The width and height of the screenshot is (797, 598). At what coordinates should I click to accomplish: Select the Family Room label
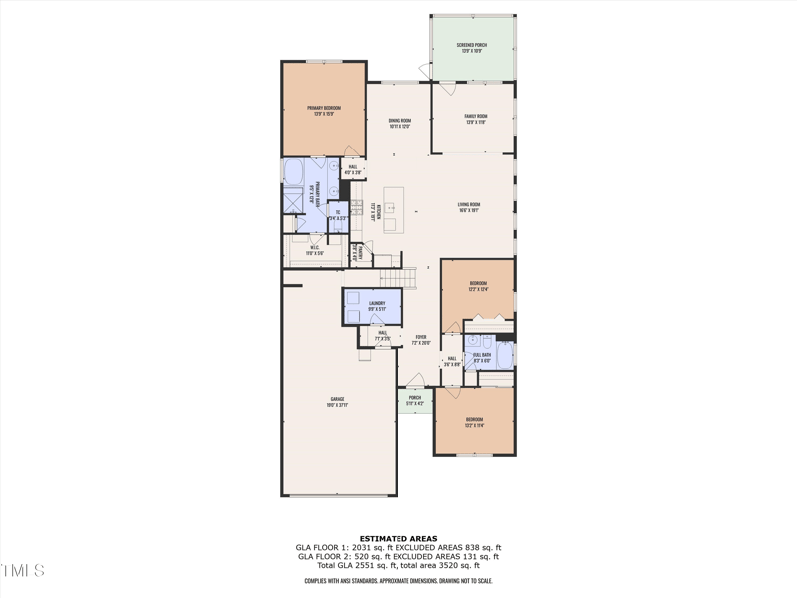475,118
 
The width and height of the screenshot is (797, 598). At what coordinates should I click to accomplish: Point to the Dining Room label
399,123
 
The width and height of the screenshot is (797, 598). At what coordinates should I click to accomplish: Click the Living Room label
469,207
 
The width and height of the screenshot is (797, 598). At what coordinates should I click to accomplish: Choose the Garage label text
338,401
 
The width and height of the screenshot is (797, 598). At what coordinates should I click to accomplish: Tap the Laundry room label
376,305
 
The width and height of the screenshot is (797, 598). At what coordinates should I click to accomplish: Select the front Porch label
415,400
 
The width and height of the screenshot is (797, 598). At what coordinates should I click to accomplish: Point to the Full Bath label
482,357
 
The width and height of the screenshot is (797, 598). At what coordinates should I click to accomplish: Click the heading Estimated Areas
398,539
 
